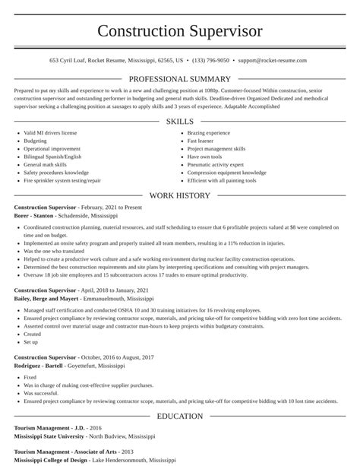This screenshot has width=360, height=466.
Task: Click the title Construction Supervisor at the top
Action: tap(180, 31)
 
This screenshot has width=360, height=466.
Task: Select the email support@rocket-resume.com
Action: tap(272, 59)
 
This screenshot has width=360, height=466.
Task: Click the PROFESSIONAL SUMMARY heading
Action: tap(180, 79)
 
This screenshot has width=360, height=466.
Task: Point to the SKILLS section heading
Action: tap(180, 122)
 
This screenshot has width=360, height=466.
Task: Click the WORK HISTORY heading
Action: tap(180, 195)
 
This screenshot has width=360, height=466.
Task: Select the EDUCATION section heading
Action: tap(180, 416)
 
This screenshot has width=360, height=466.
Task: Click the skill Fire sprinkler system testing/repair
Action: tap(62, 180)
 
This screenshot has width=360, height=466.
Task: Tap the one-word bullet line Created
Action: tap(32, 334)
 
